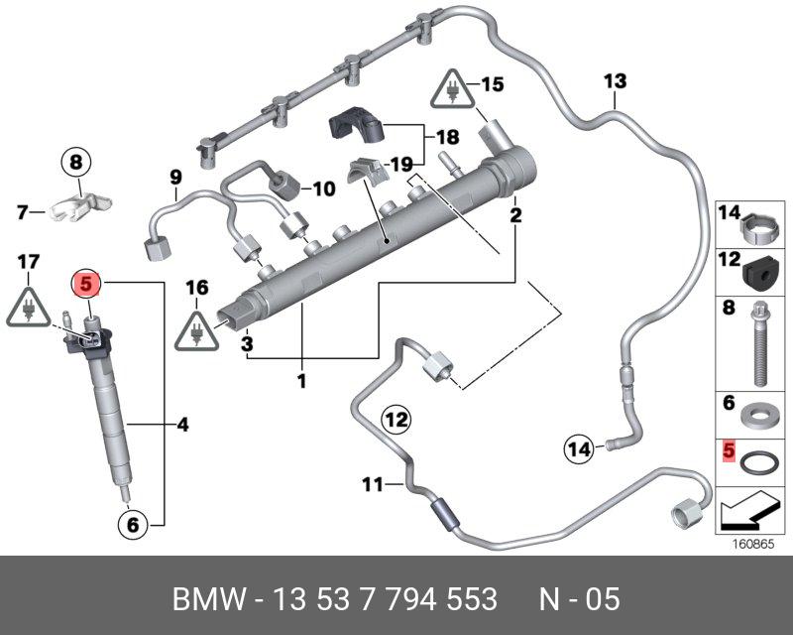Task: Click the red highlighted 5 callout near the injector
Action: [x=86, y=284]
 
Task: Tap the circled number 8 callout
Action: [x=77, y=159]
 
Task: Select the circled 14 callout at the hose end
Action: [x=580, y=450]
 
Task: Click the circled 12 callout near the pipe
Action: [x=396, y=421]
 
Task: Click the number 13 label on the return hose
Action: [x=615, y=80]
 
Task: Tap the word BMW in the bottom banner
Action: [x=207, y=599]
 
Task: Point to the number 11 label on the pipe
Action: [x=371, y=485]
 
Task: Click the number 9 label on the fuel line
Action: [x=175, y=179]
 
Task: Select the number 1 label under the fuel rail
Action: [x=301, y=379]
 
